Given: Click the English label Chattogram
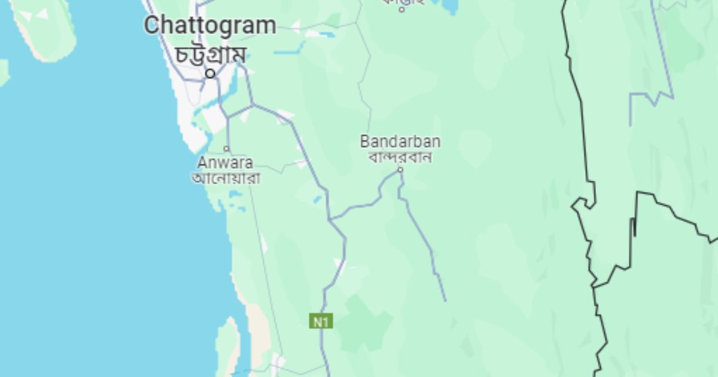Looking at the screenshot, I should click(x=210, y=26).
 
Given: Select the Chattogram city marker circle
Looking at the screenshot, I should click(x=211, y=74).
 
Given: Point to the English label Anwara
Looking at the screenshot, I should click(x=225, y=163).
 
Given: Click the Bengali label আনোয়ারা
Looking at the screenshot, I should click(x=226, y=178).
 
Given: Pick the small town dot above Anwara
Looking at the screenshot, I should click(x=227, y=148).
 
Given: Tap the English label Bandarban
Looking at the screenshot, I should click(x=400, y=142).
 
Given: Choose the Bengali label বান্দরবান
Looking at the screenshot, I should click(x=400, y=157).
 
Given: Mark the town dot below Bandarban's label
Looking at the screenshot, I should click(x=401, y=170).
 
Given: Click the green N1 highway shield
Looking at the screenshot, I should click(x=321, y=321).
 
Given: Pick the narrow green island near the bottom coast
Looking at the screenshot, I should click(x=227, y=347).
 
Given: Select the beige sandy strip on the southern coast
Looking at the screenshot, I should click(x=260, y=329).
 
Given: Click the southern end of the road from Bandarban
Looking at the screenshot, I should click(x=445, y=300).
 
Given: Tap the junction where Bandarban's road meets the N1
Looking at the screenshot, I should click(x=331, y=219).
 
